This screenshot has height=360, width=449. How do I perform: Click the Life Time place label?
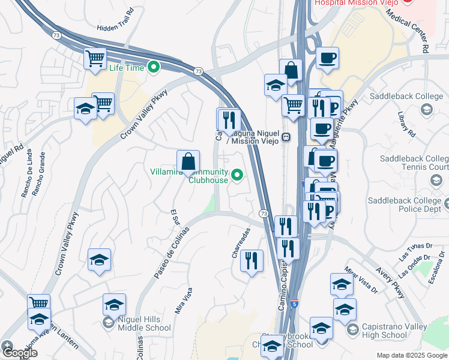pyautogui.click(x=127, y=67)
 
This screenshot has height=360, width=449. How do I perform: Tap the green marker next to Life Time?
pyautogui.click(x=153, y=67)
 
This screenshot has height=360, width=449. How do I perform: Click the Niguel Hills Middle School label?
pyautogui.click(x=145, y=323)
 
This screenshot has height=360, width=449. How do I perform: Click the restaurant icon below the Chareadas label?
pyautogui.click(x=252, y=260)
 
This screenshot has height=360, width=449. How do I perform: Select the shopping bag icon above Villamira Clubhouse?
pyautogui.click(x=188, y=161)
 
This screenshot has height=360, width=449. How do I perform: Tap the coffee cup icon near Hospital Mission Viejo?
pyautogui.click(x=327, y=58)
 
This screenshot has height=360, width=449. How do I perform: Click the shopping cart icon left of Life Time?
pyautogui.click(x=95, y=59)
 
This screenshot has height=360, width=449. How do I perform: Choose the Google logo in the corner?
pyautogui.click(x=20, y=353)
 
